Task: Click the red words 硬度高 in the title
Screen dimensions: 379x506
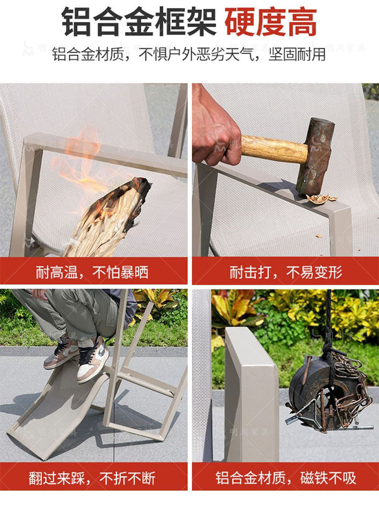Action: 271,22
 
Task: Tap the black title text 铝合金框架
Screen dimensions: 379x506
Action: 139,22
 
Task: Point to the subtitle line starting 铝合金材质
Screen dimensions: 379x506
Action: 189,54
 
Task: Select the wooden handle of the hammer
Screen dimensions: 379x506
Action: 274,149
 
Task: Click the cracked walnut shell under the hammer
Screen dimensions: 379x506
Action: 321,198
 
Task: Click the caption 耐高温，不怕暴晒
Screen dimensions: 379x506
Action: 92,273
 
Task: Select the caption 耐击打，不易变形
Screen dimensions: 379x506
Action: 286,273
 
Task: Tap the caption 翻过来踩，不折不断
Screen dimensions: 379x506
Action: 92,478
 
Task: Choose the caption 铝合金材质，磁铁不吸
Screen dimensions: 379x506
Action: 286,478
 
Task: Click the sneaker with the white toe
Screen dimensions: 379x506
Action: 93,361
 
